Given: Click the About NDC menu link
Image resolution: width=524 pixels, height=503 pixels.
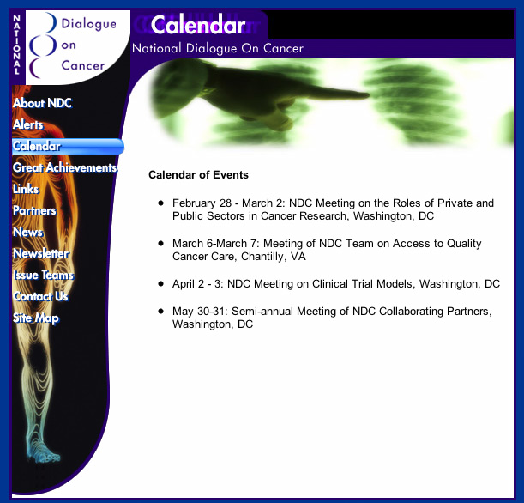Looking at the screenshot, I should (42, 103).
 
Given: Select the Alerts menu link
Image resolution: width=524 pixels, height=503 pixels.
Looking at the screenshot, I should (27, 124).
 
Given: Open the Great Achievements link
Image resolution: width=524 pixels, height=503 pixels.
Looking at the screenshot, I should (63, 167).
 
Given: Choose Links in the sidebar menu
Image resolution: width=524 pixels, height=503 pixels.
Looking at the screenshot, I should (26, 189).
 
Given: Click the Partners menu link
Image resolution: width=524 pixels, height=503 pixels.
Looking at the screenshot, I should (34, 210).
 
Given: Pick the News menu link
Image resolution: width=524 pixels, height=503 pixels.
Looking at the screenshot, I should (27, 232).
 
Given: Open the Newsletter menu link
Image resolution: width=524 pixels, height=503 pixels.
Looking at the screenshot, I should (40, 253).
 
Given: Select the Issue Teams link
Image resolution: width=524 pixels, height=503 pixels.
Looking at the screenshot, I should (43, 275).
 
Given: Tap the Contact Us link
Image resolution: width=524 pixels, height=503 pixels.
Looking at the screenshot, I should (40, 296).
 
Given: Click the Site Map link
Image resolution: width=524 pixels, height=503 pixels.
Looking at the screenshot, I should (36, 318).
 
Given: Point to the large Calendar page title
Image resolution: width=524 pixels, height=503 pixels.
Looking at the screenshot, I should (198, 26).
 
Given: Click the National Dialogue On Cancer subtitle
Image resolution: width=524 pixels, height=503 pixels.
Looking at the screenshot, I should (217, 49).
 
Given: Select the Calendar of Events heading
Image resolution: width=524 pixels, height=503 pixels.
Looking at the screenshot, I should (198, 175).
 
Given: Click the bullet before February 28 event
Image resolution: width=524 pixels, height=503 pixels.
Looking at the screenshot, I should (160, 203).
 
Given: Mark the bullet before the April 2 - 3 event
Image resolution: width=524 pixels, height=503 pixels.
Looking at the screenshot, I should (160, 283).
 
